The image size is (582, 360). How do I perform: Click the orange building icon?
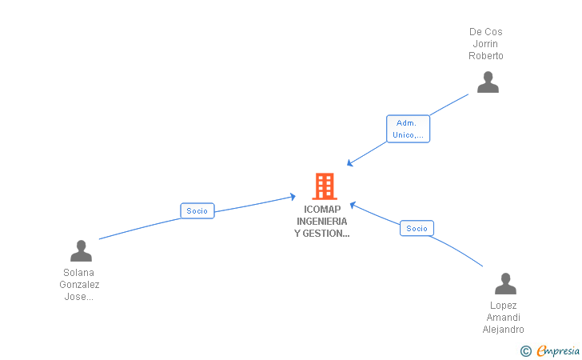[324, 186]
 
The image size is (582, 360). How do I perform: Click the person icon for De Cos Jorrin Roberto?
[488, 82]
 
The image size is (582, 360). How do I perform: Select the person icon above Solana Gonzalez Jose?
[81, 251]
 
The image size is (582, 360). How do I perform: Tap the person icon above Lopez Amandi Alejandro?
[505, 284]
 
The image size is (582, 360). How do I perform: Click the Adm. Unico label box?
[408, 129]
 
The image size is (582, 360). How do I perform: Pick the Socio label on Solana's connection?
[197, 211]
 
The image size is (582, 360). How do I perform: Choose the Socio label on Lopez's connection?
[417, 228]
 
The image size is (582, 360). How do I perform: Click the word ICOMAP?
[322, 210]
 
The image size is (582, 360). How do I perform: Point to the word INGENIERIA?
[322, 222]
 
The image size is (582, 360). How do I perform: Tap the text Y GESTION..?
[322, 234]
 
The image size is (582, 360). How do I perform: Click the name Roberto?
[486, 56]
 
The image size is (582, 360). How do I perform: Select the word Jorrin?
[486, 44]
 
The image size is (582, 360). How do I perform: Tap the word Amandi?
[504, 318]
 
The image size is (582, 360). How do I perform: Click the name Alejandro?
[504, 330]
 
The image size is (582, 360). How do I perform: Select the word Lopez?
[504, 306]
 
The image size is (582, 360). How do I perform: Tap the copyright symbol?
[525, 350]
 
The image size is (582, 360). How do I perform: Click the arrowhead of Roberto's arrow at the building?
[349, 164]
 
